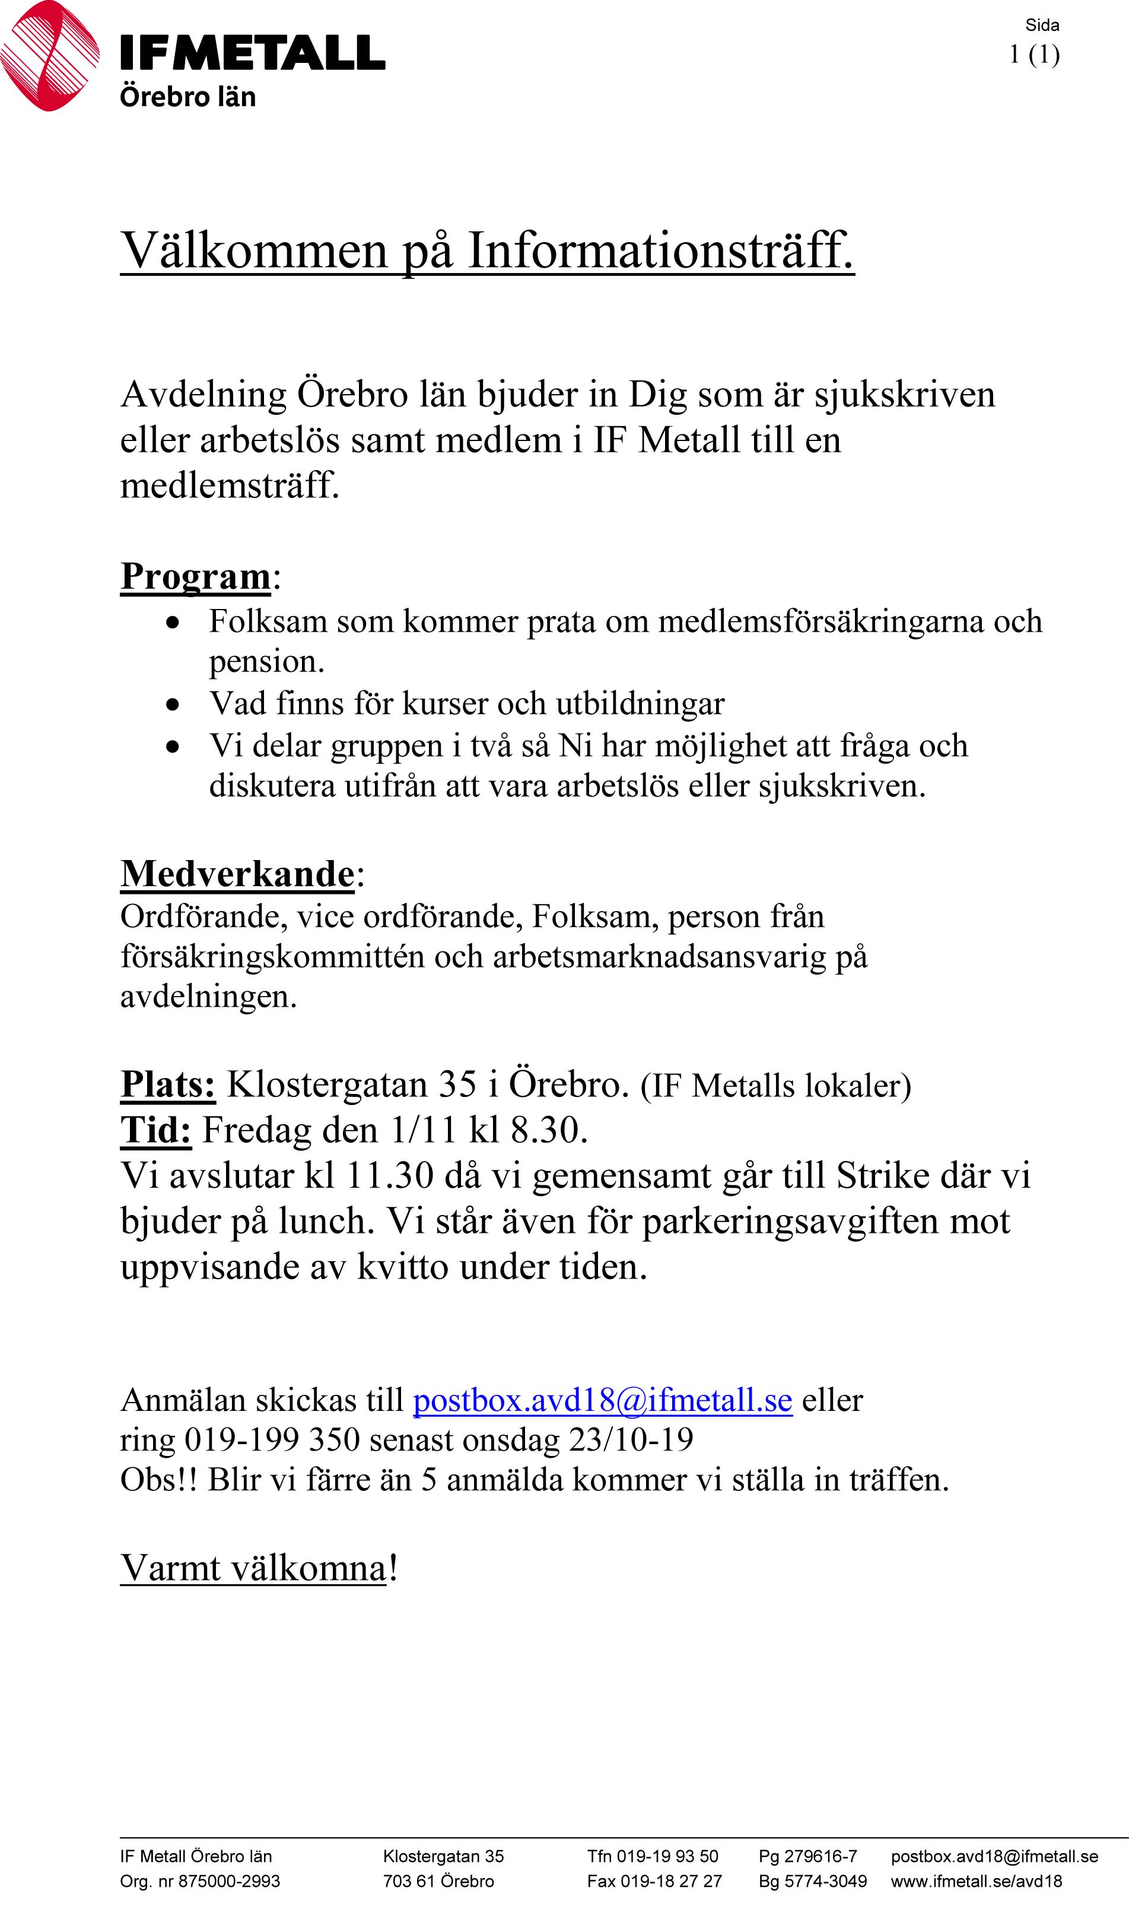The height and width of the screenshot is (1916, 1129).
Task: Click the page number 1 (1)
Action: coord(1034,55)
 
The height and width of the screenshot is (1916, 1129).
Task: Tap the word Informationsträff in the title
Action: coord(660,250)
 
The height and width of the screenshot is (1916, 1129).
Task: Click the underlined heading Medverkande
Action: coord(237,874)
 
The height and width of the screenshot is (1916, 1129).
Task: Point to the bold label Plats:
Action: coord(168,1084)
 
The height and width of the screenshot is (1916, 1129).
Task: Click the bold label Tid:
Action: coord(156,1130)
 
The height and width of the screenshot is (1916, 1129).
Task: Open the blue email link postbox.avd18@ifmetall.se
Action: coord(603,1400)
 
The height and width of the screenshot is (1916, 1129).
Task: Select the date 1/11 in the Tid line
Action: coord(422,1131)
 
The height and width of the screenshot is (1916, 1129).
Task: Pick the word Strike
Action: coord(883,1176)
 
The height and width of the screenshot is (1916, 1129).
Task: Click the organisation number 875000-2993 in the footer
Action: coord(229,1881)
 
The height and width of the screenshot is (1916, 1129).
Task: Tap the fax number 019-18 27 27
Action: coord(671,1881)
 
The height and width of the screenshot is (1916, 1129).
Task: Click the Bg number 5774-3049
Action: coord(825,1881)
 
